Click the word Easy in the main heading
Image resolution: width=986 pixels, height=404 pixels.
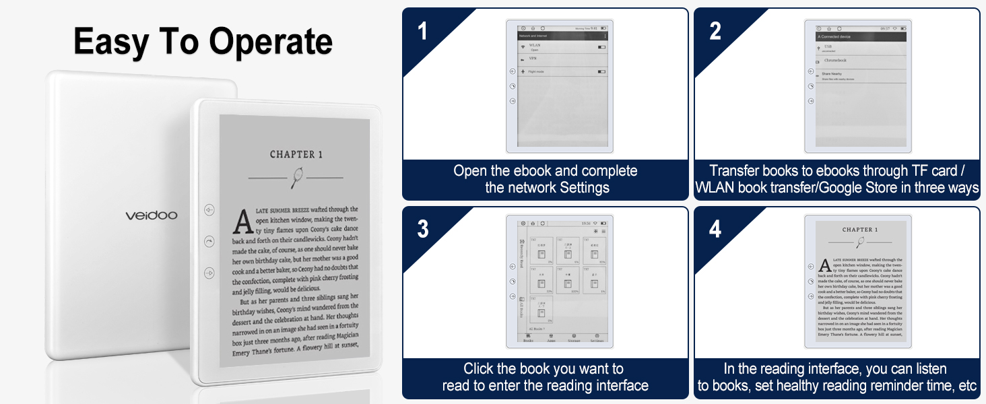[112, 42]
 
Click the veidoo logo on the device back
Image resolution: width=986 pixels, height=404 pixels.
[151, 215]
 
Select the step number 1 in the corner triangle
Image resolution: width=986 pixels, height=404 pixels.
[422, 31]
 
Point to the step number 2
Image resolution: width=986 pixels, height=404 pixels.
[715, 31]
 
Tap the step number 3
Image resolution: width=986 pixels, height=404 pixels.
[422, 230]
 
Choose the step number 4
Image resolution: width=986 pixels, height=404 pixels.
[715, 230]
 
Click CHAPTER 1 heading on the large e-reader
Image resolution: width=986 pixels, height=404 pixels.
[296, 154]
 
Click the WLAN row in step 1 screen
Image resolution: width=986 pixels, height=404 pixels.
[535, 46]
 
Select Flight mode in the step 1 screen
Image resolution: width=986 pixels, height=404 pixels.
[537, 71]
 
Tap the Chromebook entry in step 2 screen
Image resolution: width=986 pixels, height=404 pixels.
[835, 61]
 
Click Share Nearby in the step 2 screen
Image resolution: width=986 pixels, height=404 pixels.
[832, 74]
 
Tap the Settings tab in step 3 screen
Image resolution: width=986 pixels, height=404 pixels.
[596, 341]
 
